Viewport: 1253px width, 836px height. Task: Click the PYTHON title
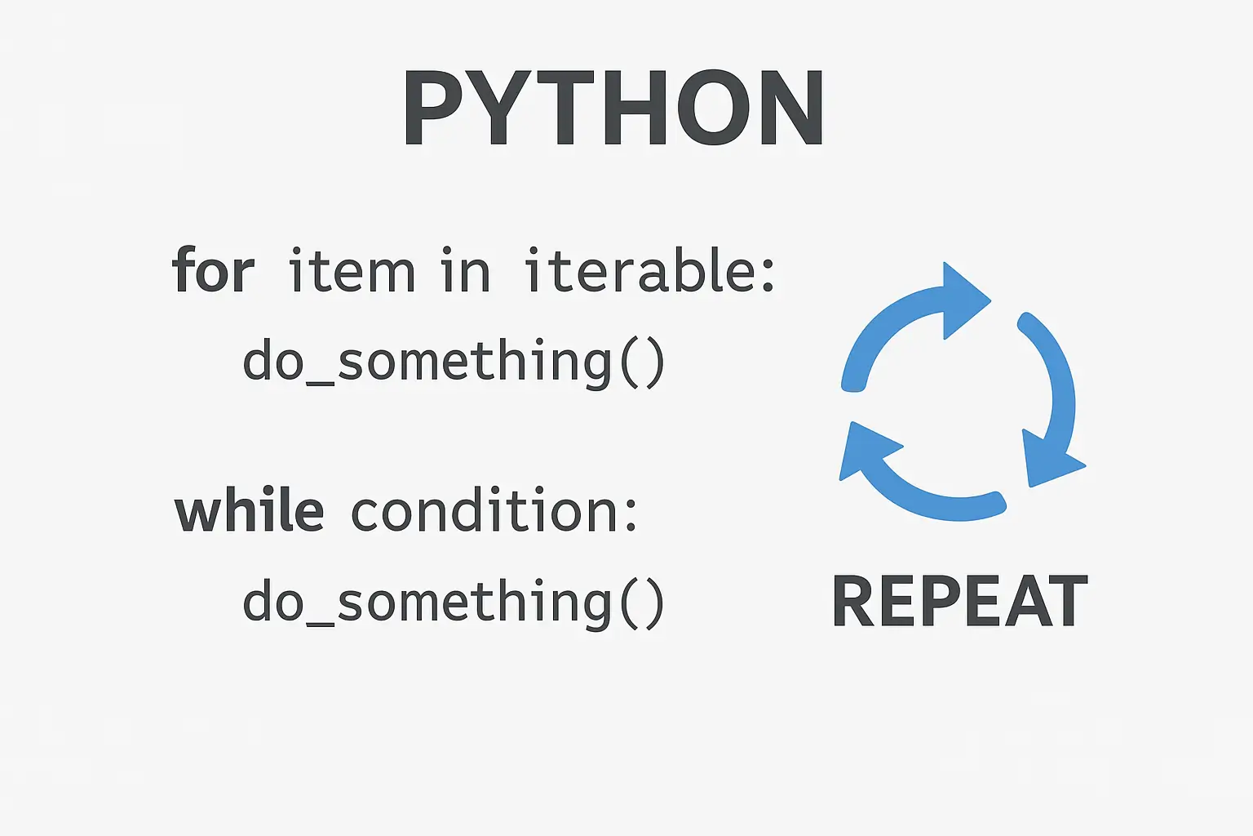click(613, 109)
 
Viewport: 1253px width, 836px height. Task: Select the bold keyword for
click(213, 271)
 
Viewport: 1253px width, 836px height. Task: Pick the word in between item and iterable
click(465, 271)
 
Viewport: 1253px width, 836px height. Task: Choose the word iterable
click(638, 271)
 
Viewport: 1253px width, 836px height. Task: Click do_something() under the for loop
click(454, 362)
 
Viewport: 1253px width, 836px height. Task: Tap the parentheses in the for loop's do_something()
click(642, 363)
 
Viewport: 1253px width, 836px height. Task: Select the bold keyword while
click(249, 511)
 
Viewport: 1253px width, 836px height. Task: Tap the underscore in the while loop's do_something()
click(320, 622)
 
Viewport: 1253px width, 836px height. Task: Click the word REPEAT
click(959, 602)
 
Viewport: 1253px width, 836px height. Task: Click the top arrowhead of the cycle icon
click(963, 300)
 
